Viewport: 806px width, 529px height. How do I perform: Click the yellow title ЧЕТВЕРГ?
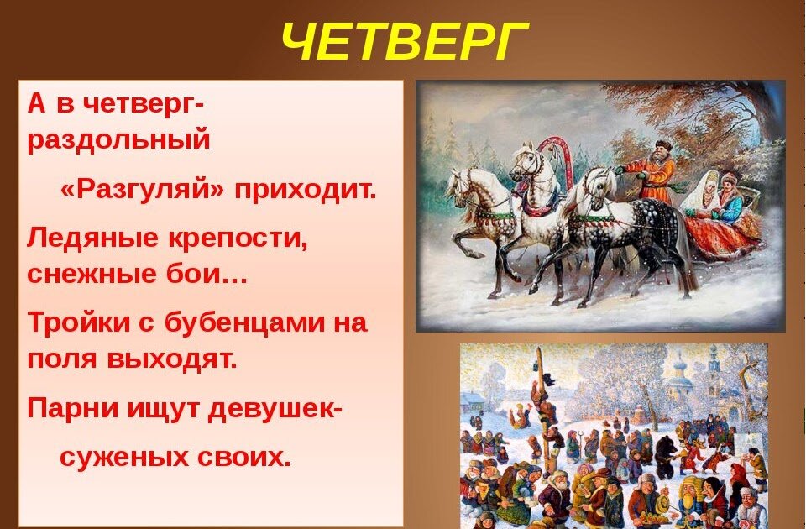pyautogui.click(x=405, y=41)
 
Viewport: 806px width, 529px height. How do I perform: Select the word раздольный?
pyautogui.click(x=118, y=139)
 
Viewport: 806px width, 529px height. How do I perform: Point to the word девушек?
pyautogui.click(x=271, y=409)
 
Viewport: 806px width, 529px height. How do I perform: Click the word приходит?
pyautogui.click(x=306, y=191)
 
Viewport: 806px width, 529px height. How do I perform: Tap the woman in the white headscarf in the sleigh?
pyautogui.click(x=702, y=194)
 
